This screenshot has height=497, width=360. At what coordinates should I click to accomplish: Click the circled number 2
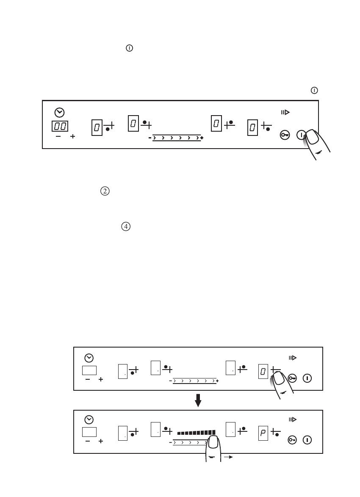[x=104, y=191]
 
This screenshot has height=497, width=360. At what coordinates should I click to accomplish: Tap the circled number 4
[x=126, y=227]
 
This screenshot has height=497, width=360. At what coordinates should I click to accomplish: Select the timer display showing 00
[x=60, y=126]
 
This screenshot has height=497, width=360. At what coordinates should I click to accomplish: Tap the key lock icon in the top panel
[x=285, y=135]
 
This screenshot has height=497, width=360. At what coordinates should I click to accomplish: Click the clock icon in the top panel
[x=60, y=112]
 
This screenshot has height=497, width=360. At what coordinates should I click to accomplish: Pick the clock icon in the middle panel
[x=89, y=358]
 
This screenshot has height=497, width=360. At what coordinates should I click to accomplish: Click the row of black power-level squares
[x=197, y=433]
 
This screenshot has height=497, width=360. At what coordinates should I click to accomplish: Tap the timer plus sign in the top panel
[x=72, y=137]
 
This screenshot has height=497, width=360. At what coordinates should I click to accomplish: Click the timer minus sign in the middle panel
[x=88, y=380]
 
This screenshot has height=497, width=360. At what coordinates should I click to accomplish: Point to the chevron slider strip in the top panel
[x=177, y=138]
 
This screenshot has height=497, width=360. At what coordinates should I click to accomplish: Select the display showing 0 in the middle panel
[x=263, y=371]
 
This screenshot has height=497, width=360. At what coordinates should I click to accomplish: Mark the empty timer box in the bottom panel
[x=89, y=432]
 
